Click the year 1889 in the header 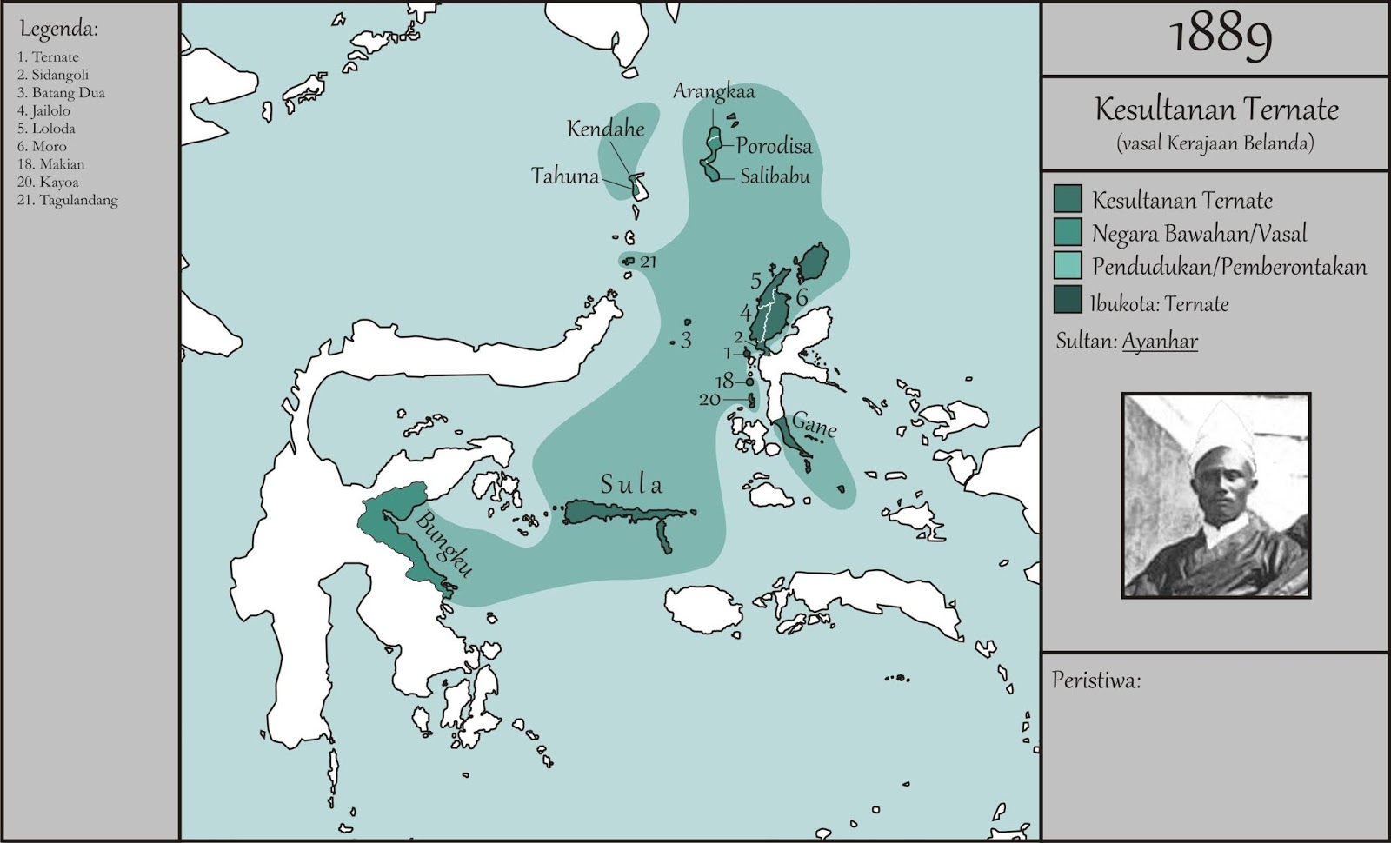(1221, 37)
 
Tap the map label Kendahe (606, 129)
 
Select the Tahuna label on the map (565, 176)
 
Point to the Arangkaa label (714, 91)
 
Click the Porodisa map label (774, 146)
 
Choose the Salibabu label (775, 176)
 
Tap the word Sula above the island (631, 485)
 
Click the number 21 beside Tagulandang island (649, 262)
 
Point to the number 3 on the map (686, 341)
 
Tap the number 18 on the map (725, 382)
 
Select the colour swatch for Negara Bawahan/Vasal (1068, 232)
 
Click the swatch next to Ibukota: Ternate (1068, 299)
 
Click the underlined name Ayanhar (1160, 341)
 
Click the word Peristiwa (1096, 680)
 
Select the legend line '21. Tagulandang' (67, 200)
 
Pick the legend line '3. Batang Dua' (61, 93)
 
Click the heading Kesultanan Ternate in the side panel (1215, 110)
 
